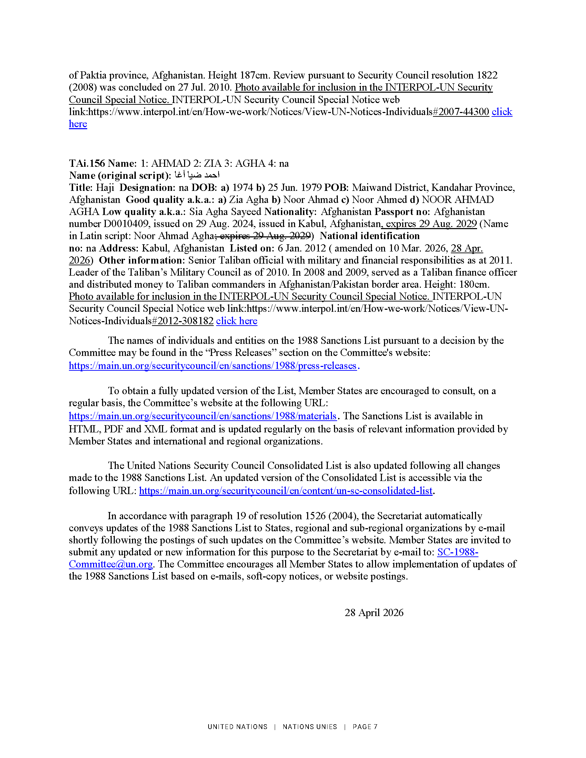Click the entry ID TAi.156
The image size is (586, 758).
tap(87, 163)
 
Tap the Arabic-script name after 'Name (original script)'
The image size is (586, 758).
tap(196, 175)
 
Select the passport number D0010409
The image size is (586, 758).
tap(126, 224)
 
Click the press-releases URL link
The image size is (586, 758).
tap(212, 366)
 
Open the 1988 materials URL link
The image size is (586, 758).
tap(202, 416)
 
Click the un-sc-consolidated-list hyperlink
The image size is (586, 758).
tap(286, 491)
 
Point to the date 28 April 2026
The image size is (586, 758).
tap(374, 613)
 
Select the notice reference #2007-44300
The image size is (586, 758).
tap(461, 112)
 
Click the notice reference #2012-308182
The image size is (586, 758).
tap(183, 321)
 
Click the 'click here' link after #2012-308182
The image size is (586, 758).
tap(236, 321)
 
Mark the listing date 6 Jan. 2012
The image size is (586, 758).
tap(302, 248)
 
